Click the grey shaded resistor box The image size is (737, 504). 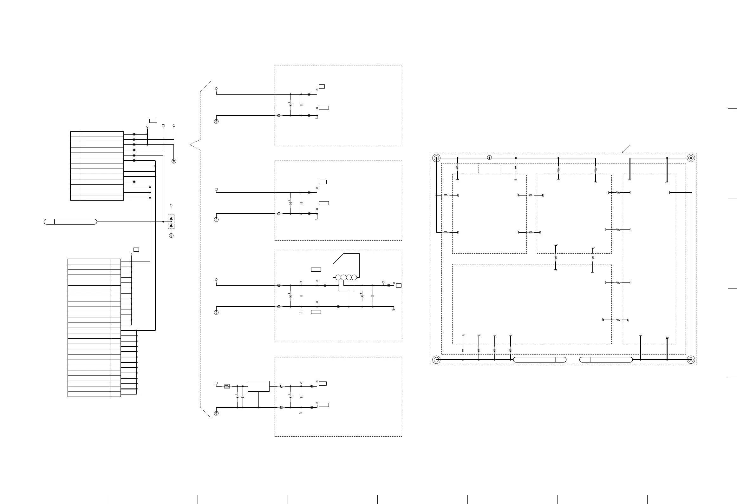[x=227, y=386]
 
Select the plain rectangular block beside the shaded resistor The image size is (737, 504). [x=259, y=386]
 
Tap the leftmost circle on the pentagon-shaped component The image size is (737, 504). [x=338, y=278]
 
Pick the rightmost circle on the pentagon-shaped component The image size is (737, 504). [x=354, y=278]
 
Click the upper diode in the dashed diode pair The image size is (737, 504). [x=171, y=218]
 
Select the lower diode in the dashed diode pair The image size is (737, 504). [x=171, y=225]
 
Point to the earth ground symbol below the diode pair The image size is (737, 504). [x=171, y=235]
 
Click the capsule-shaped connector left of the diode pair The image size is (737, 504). [x=70, y=222]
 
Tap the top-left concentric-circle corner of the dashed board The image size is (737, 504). [x=436, y=158]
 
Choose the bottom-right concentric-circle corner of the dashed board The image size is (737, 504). [x=691, y=360]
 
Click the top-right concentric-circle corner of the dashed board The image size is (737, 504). [x=691, y=158]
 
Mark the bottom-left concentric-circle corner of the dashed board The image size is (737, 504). [x=436, y=360]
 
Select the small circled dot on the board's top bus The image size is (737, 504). [x=489, y=158]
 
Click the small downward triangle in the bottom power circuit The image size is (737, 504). [x=301, y=383]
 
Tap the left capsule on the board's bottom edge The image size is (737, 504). [x=540, y=360]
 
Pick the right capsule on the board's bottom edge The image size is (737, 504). [x=606, y=360]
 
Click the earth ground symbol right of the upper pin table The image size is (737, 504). [x=174, y=161]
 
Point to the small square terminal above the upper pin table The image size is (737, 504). [x=163, y=126]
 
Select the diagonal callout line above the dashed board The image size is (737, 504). [x=626, y=149]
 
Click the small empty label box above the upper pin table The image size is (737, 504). [x=153, y=121]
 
